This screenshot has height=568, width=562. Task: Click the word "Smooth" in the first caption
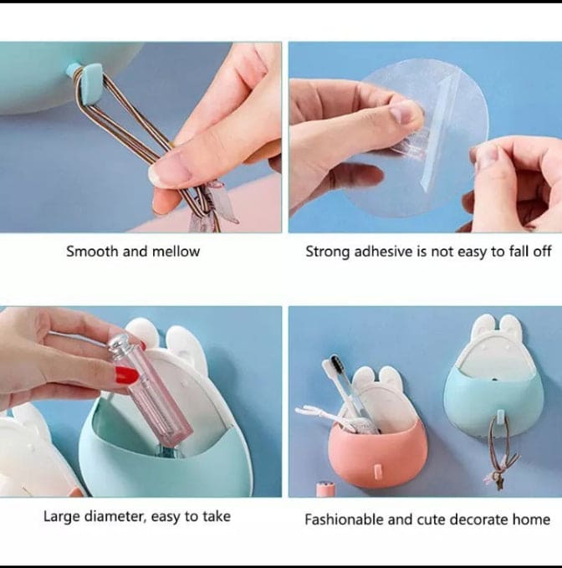[92, 251]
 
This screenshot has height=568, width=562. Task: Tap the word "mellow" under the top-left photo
[176, 251]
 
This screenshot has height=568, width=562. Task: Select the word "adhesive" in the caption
[379, 251]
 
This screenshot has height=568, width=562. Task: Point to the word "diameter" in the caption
[116, 517]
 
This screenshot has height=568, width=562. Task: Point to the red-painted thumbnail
[126, 376]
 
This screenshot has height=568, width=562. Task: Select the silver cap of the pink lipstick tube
[123, 345]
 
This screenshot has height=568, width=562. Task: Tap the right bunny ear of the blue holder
[512, 326]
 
